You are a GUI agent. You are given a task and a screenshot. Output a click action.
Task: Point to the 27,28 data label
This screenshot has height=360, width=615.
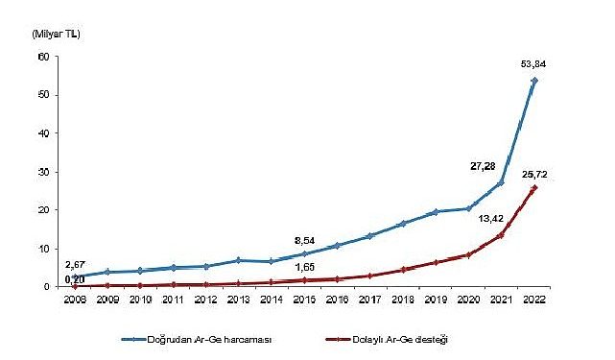[x=484, y=165]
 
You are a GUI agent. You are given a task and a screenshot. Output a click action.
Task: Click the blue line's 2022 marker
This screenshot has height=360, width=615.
[x=534, y=81]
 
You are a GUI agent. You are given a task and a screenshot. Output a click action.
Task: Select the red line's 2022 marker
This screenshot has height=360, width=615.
[x=534, y=188]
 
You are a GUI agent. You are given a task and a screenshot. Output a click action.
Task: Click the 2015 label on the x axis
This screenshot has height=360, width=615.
[x=303, y=299]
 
